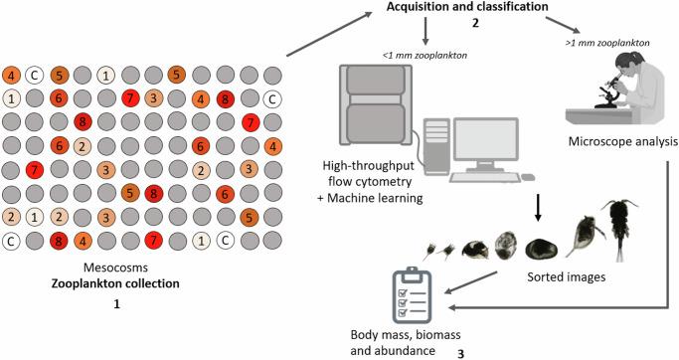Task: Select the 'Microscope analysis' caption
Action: pyautogui.click(x=620, y=142)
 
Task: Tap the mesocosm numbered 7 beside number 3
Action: pyautogui.click(x=129, y=97)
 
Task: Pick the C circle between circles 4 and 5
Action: pyautogui.click(x=35, y=75)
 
